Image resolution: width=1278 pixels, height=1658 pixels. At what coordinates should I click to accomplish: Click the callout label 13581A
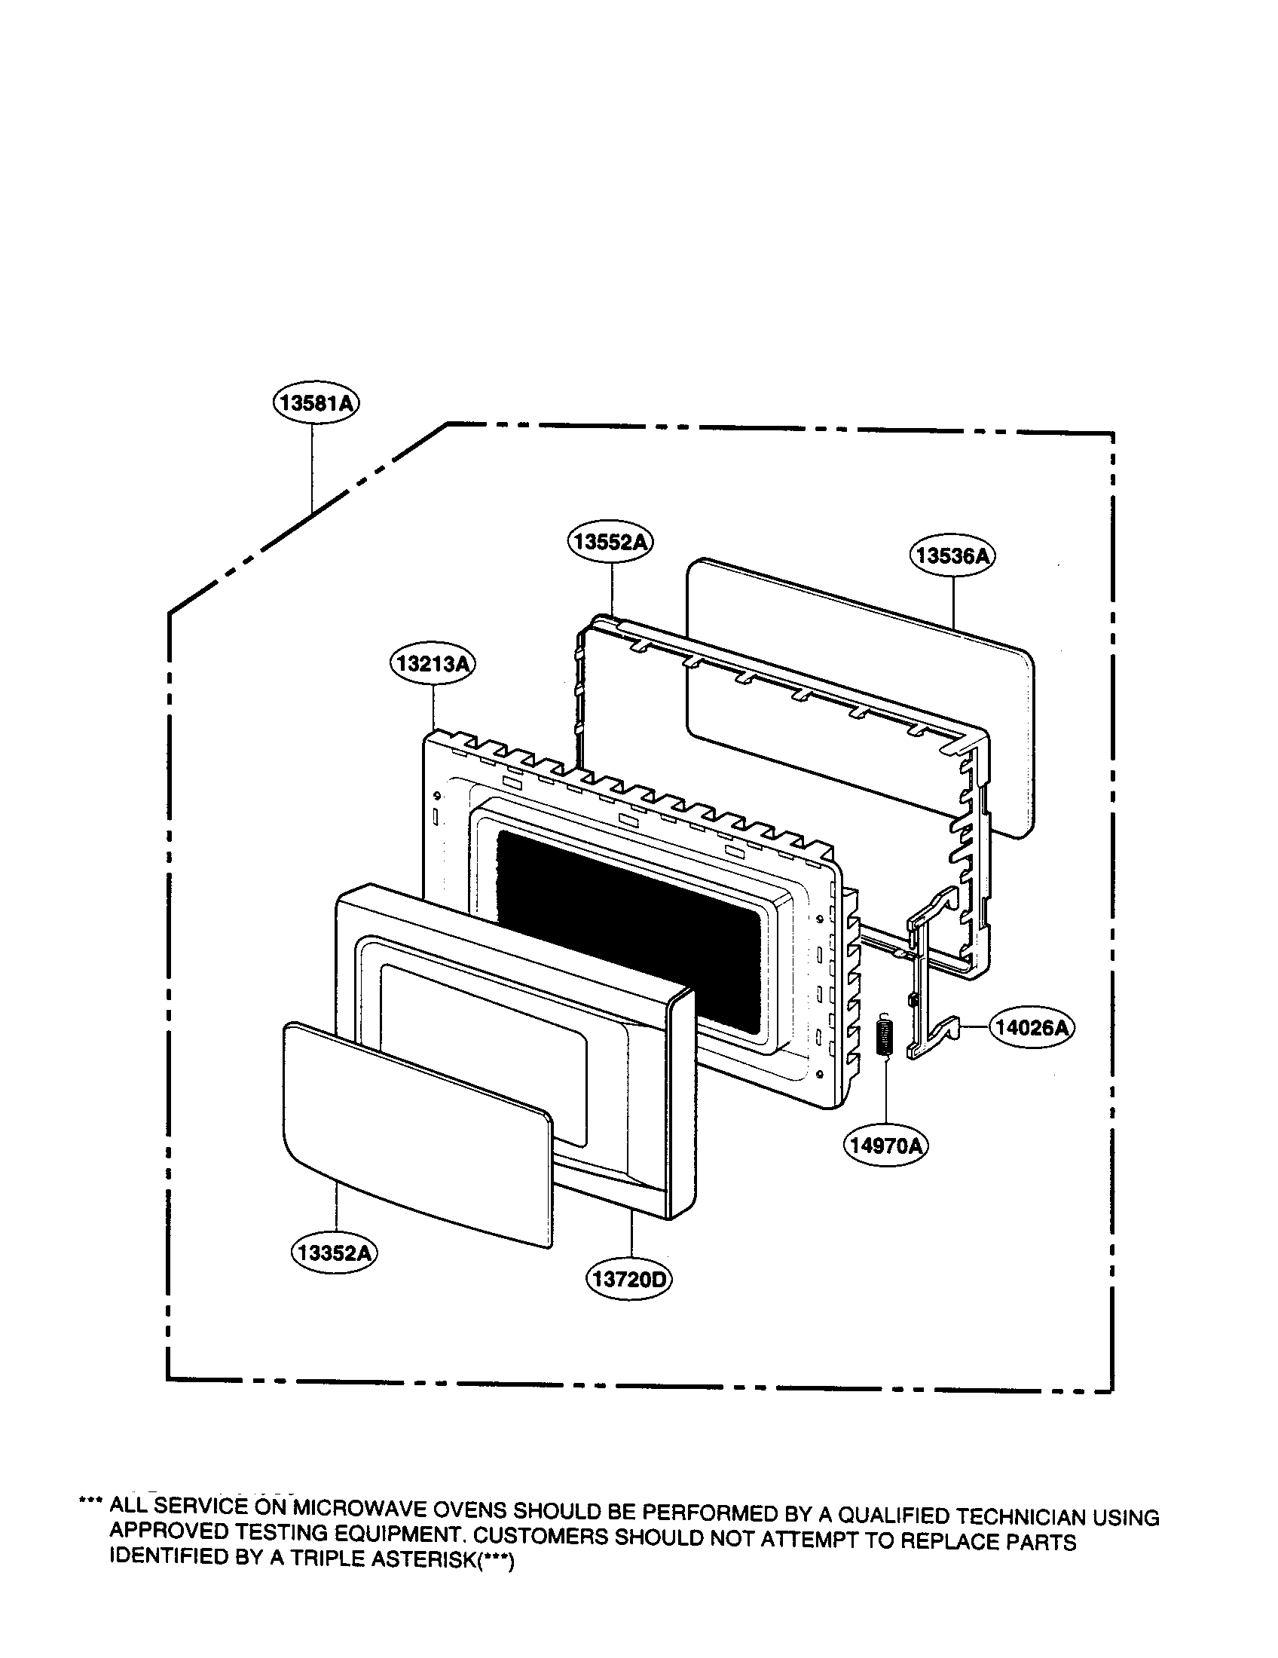pyautogui.click(x=316, y=403)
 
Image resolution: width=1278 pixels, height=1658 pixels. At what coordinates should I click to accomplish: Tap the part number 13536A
pyautogui.click(x=952, y=556)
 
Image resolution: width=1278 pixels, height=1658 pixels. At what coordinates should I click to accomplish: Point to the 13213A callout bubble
pyautogui.click(x=433, y=664)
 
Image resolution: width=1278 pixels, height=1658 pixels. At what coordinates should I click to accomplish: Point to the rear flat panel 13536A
pyautogui.click(x=860, y=699)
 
